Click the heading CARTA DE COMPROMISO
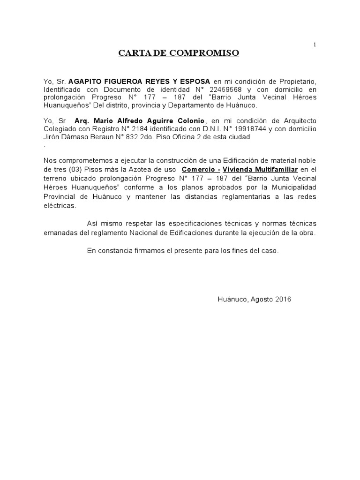(x=179, y=53)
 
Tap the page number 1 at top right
(x=315, y=45)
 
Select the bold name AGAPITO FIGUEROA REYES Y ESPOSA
(x=140, y=81)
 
